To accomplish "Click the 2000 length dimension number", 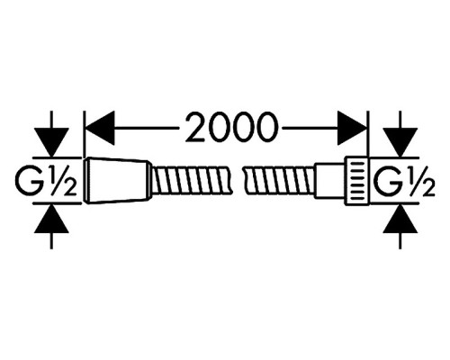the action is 230,127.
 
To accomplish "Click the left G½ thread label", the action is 46,180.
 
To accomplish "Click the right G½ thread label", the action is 405,180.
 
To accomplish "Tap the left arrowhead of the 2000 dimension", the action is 100,128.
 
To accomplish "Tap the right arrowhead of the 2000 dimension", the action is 352,128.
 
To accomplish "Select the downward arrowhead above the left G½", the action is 51,142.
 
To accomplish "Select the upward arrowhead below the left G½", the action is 51,219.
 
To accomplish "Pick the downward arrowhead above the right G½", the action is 400,142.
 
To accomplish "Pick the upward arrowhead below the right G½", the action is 400,219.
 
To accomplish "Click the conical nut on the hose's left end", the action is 118,180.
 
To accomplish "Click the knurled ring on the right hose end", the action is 356,181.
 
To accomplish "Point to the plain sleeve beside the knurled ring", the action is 329,181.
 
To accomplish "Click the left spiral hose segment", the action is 192,180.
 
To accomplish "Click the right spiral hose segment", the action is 280,180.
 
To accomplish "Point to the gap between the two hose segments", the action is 238,180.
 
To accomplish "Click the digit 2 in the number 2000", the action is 197,127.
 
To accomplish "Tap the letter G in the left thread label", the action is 29,180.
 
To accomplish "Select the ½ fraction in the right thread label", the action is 420,180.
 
